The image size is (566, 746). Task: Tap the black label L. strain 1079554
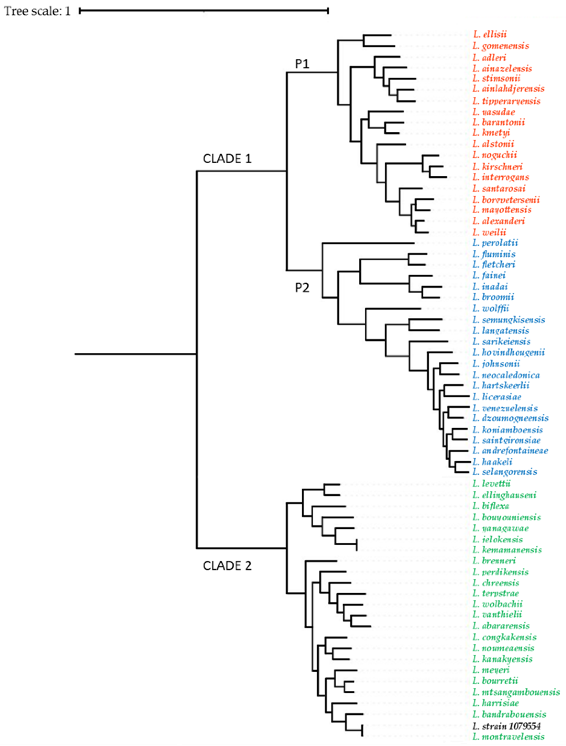[x=506, y=726]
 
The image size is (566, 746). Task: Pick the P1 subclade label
[x=302, y=64]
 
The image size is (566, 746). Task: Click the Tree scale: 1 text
[x=37, y=11]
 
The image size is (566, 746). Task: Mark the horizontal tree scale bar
[x=204, y=11]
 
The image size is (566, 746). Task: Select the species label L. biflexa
[x=491, y=506]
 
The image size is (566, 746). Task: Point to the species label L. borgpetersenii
[x=506, y=200]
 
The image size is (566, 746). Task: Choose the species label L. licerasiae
[x=497, y=397]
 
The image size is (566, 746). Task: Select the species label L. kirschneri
[x=497, y=167]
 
